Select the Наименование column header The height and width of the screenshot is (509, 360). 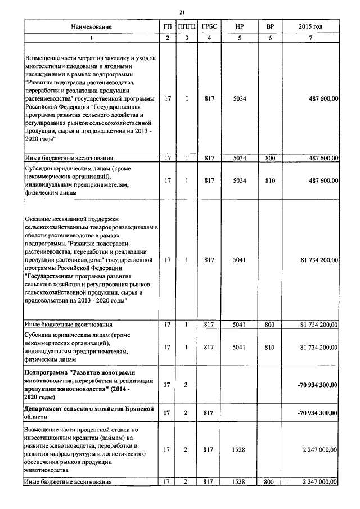tap(91, 27)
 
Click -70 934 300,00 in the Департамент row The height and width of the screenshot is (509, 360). tap(317, 413)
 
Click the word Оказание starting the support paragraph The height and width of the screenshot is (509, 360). tap(39, 219)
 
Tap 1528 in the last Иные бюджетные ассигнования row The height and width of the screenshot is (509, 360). tap(239, 482)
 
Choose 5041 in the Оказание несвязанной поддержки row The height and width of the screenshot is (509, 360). tap(239, 260)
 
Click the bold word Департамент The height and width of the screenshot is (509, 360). tap(45, 409)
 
